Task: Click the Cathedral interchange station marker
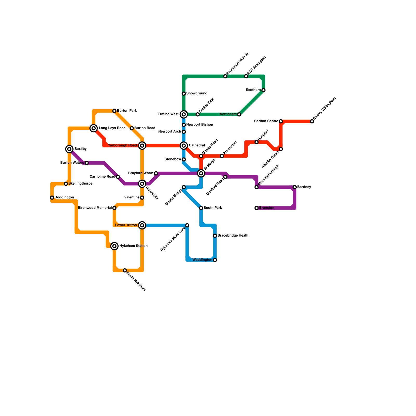pyautogui.click(x=184, y=146)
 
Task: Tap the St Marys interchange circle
pyautogui.click(x=201, y=173)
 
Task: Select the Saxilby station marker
pyautogui.click(x=69, y=149)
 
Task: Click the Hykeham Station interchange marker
pyautogui.click(x=114, y=246)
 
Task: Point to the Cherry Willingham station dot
pyautogui.click(x=312, y=121)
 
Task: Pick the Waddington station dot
pyautogui.click(x=215, y=260)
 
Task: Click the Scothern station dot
pyautogui.click(x=263, y=90)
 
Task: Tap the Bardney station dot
pyautogui.click(x=295, y=187)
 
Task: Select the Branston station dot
pyautogui.click(x=257, y=208)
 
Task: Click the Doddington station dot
pyautogui.click(x=52, y=198)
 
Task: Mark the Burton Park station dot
pyautogui.click(x=114, y=111)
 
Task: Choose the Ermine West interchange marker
pyautogui.click(x=184, y=114)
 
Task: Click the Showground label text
pyautogui.click(x=197, y=94)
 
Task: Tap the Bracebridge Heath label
pyautogui.click(x=233, y=236)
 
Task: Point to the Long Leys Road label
pyautogui.click(x=112, y=128)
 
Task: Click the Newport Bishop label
pyautogui.click(x=199, y=125)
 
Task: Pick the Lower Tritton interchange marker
pyautogui.click(x=142, y=225)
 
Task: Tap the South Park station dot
pyautogui.click(x=201, y=208)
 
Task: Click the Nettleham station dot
pyautogui.click(x=239, y=114)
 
